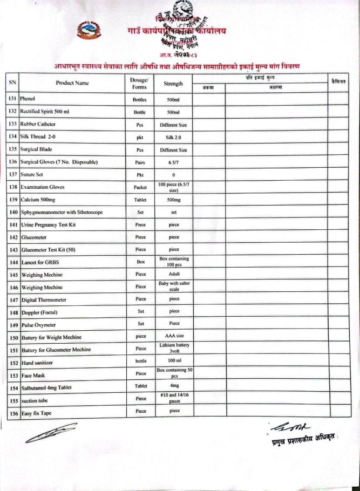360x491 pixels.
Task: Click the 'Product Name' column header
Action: (x=72, y=83)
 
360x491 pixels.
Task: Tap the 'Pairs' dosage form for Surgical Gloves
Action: (x=140, y=161)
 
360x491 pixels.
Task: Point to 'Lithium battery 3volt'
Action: (x=174, y=349)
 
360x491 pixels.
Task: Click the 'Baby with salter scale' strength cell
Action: (x=174, y=287)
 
